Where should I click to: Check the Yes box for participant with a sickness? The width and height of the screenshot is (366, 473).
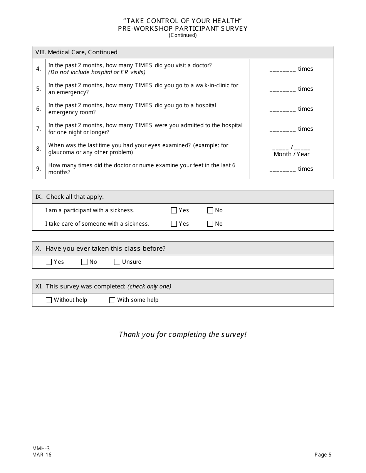[x=174, y=210]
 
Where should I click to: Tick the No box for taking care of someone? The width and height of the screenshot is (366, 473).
[x=210, y=224]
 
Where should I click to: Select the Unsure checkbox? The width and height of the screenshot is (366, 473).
[x=117, y=262]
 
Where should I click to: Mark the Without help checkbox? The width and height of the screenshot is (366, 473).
[x=49, y=300]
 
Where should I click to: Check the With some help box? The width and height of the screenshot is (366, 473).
[x=112, y=300]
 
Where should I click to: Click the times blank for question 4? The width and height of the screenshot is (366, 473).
[x=282, y=70]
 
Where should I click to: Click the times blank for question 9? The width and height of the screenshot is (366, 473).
[x=282, y=170]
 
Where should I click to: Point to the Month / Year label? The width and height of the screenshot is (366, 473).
[x=292, y=154]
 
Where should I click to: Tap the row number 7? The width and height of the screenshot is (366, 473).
[x=39, y=129]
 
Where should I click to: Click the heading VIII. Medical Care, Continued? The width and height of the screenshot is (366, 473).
[x=76, y=52]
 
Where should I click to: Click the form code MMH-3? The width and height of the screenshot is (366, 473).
[x=41, y=448]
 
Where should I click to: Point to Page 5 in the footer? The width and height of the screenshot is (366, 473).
[x=323, y=455]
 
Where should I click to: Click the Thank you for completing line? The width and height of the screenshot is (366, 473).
[x=183, y=335]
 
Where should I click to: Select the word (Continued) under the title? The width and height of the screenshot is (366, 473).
[x=183, y=35]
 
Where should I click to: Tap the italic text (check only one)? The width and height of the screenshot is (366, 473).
[x=149, y=286]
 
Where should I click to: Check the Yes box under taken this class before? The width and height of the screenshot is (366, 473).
[x=49, y=262]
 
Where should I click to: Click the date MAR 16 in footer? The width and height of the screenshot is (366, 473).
[x=42, y=455]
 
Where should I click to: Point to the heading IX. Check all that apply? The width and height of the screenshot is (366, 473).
[x=70, y=197]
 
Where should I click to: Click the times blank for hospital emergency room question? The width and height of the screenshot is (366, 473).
[x=282, y=110]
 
